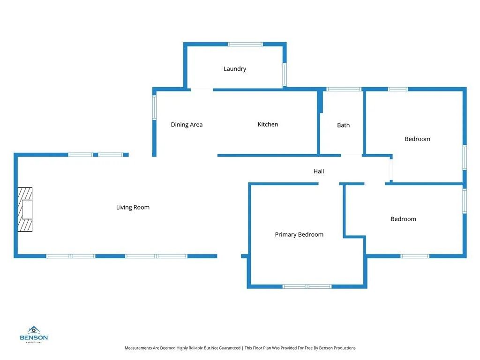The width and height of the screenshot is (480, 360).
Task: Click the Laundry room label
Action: (x=235, y=69)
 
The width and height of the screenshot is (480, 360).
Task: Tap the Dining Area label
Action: (x=187, y=125)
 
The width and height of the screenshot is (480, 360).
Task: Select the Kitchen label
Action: (x=268, y=124)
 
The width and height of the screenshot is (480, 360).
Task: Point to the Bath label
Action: (x=344, y=125)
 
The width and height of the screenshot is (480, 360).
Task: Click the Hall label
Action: (x=319, y=172)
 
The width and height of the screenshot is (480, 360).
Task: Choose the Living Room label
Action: (x=133, y=207)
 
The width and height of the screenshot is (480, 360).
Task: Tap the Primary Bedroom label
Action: (x=299, y=234)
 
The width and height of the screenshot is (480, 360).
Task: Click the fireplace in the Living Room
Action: (x=25, y=210)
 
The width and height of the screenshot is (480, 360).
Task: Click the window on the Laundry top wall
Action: (x=245, y=45)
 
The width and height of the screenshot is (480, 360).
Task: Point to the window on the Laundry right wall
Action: (x=284, y=75)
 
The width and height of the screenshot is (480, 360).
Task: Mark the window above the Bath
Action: (x=344, y=89)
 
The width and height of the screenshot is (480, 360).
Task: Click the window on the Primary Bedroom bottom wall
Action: (x=307, y=286)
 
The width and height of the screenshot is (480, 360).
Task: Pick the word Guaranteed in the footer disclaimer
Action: (x=228, y=348)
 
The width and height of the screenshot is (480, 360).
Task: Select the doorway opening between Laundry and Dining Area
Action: (x=201, y=89)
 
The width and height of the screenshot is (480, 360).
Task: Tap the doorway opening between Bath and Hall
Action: (x=352, y=155)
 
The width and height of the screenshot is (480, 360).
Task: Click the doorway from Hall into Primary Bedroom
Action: (x=329, y=184)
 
